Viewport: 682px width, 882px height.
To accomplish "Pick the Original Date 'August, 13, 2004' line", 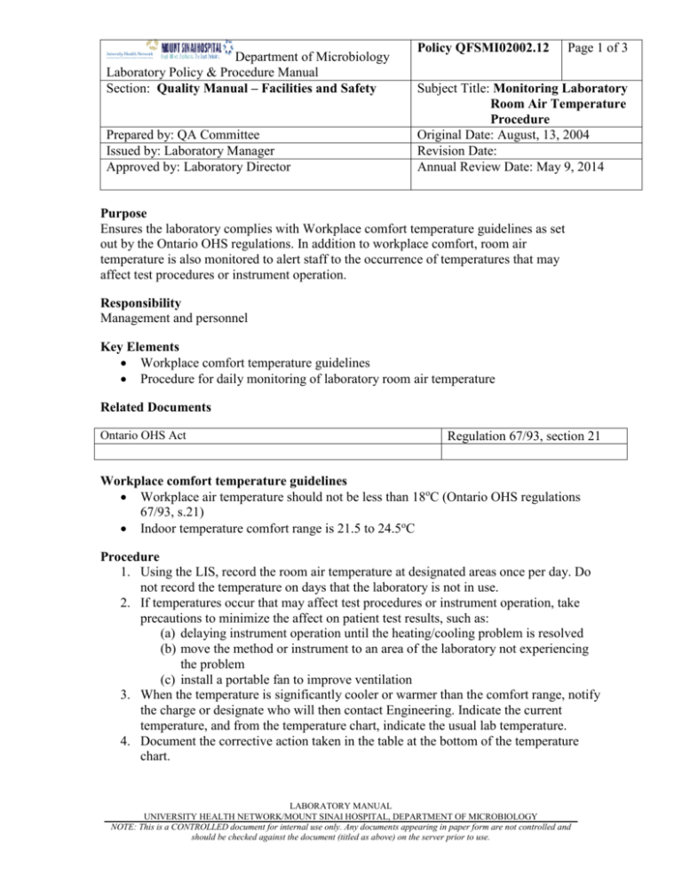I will [x=513, y=135].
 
